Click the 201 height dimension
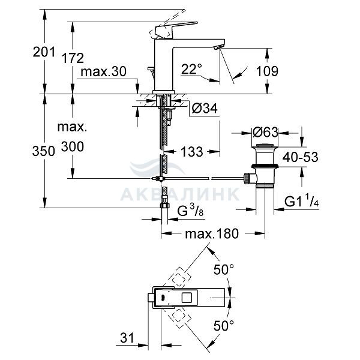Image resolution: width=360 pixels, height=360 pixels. coord(44,52)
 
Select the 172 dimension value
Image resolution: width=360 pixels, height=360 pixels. coord(73,58)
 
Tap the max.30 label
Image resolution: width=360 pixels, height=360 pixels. coord(104,71)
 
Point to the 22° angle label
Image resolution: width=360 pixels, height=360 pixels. coord(191,68)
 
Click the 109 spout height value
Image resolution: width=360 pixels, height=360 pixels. coord(267,71)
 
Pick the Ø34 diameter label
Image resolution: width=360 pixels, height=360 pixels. coord(205,108)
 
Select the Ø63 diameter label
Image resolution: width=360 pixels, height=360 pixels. coord(265,133)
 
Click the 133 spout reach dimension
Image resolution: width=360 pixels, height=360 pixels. coord(192,152)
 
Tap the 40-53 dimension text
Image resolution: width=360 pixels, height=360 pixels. coord(301,157)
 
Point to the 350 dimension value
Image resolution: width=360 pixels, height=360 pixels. coord(44,151)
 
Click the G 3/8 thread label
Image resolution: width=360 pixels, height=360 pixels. coord(190,211)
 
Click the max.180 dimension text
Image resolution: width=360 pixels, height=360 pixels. coord(212,234)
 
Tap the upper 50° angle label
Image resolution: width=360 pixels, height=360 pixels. coord(224,269)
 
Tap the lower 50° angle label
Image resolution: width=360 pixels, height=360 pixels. coord(224,325)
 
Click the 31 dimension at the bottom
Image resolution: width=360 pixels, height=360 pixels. coord(127,338)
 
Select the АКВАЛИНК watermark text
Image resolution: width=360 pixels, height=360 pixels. coord(180,194)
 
